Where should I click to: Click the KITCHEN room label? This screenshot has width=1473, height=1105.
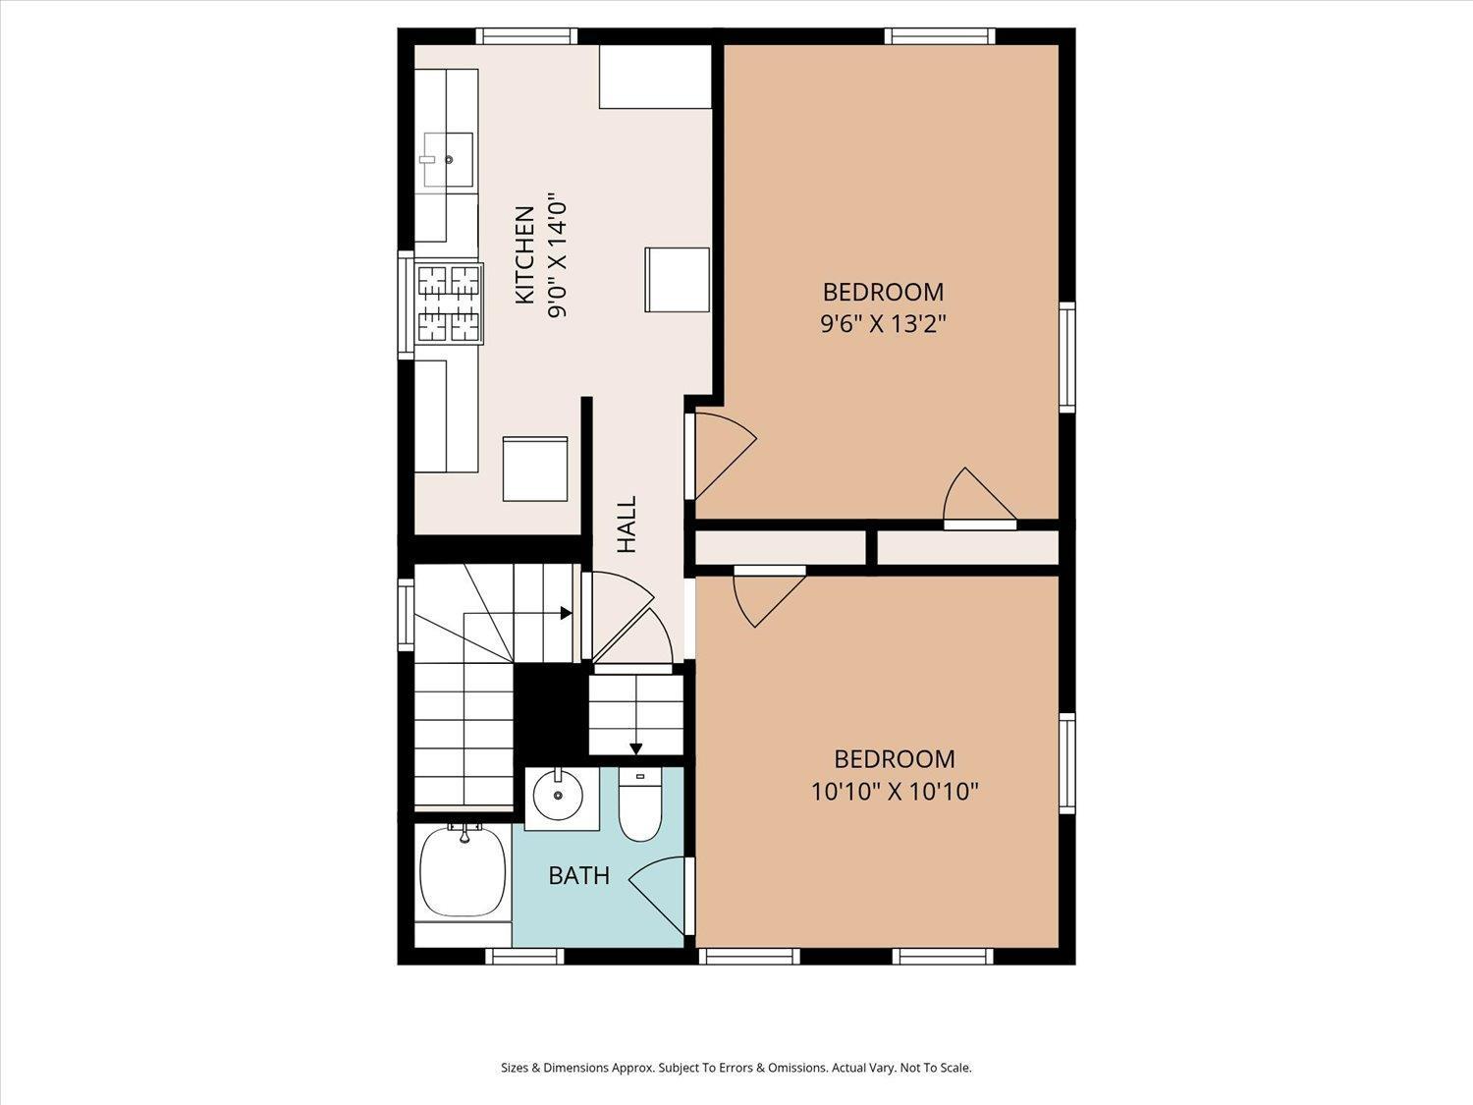coord(524,255)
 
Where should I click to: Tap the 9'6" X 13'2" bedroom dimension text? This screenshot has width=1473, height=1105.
coord(883,325)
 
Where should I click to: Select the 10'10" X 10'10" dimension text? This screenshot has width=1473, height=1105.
coord(895,792)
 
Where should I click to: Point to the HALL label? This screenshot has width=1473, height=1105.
coord(627,525)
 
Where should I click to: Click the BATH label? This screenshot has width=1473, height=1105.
coord(578,875)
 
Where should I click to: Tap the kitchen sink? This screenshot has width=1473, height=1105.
coord(448,160)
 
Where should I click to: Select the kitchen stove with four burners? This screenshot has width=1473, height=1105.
coord(449,304)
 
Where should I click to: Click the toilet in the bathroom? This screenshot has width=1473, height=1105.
coord(639,804)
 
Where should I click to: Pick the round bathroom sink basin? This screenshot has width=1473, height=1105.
coord(557,796)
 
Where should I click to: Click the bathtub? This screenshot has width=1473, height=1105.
coord(463,871)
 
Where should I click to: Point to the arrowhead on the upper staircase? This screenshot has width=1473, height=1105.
coord(567,613)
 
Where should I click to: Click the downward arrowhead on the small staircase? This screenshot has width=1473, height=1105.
coord(635,748)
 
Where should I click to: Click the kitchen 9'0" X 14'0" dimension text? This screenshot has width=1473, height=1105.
coord(558,255)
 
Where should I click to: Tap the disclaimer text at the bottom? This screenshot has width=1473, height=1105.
coord(736,1068)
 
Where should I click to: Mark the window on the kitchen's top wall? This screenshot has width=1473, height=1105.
coord(526,36)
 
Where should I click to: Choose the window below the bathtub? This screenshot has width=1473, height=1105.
coord(524,956)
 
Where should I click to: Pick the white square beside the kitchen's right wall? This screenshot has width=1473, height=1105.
coord(678,280)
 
